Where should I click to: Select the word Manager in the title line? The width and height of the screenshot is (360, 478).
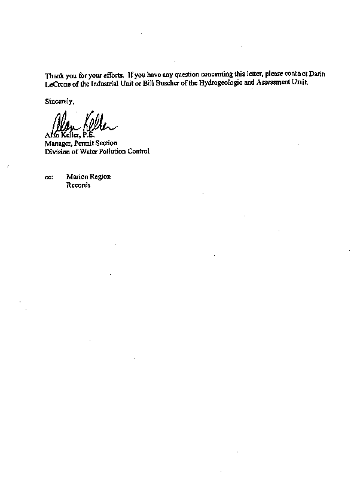57,143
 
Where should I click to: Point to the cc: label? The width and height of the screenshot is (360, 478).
48,177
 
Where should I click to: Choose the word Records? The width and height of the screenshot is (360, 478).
78,186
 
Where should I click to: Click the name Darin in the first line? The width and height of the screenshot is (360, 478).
319,74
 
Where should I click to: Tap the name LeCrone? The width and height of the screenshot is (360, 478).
57,83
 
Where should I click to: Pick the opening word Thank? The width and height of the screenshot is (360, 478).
54,75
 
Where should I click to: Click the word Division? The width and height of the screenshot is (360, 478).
57,152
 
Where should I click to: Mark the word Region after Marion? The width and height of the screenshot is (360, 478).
100,177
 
